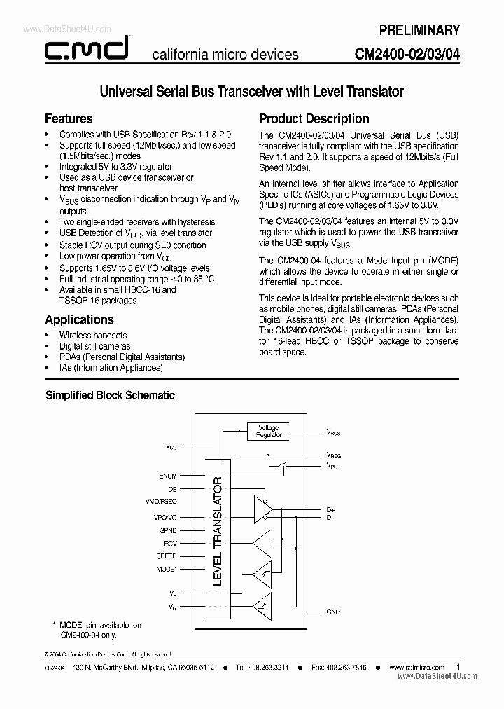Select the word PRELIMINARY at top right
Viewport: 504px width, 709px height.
(x=419, y=30)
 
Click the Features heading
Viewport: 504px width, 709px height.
(x=69, y=118)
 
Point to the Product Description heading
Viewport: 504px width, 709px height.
(x=314, y=118)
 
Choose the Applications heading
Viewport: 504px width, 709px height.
(x=79, y=319)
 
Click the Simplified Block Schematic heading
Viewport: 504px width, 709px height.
(x=110, y=395)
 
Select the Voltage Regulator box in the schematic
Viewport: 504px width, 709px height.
(x=269, y=431)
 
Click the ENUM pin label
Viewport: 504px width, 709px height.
(x=168, y=476)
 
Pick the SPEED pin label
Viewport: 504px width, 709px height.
(x=167, y=556)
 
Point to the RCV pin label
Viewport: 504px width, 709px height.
(x=170, y=543)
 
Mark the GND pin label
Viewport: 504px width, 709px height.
(x=333, y=612)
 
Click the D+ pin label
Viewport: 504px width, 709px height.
(x=330, y=509)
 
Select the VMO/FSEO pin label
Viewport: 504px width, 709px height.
(x=162, y=502)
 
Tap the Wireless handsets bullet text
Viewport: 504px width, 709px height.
(x=93, y=336)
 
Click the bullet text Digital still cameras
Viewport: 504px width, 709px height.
(x=94, y=346)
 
